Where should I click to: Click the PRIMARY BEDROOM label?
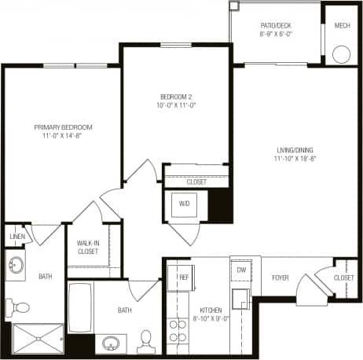point(63,127)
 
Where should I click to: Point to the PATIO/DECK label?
point(276,25)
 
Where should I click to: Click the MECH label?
point(341,25)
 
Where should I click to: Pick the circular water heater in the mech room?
point(342,54)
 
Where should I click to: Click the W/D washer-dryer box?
point(185,204)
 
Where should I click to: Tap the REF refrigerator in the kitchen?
point(182,277)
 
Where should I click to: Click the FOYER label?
point(280,277)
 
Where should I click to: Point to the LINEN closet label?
point(17,236)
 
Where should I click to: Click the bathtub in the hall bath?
point(80,310)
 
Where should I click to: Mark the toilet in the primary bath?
point(19,307)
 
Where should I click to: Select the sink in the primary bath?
point(16,263)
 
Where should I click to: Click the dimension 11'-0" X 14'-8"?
point(63,136)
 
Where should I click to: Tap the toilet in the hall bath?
point(145,339)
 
